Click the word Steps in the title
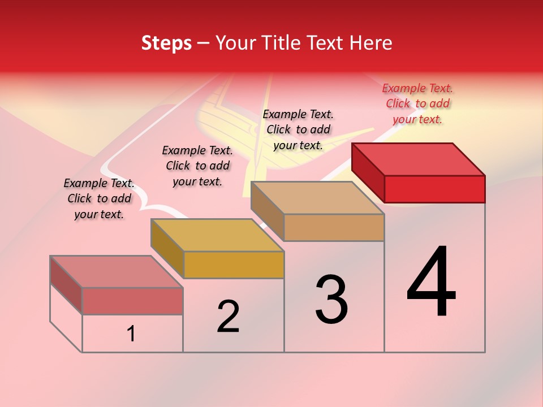coord(166,43)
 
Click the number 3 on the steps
coord(331,300)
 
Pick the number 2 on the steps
coord(228,317)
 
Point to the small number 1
coord(131,334)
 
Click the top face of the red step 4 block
coord(418,159)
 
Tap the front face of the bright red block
coord(434,189)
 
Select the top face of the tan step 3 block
coord(317,198)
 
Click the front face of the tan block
coord(334,227)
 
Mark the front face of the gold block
coord(234,265)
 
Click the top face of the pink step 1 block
coord(116,271)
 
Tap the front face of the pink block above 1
coord(132,301)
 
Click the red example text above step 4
coord(417,103)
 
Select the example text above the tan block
coord(298,129)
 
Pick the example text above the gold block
coord(197,166)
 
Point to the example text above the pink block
coord(99,198)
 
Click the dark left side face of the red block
coord(368,172)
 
